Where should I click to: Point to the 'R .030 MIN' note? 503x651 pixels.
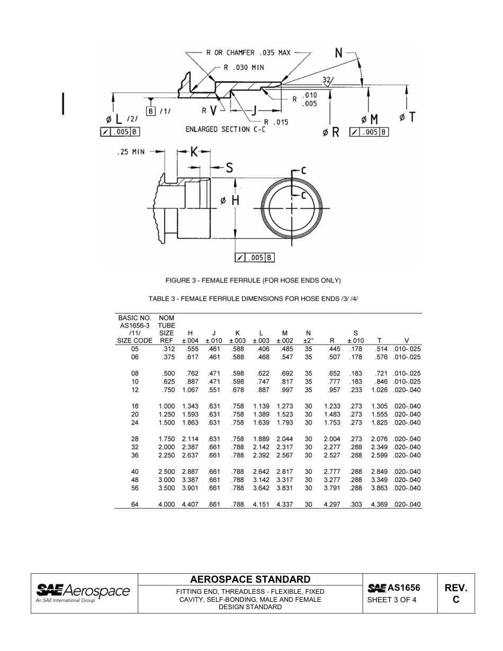[244, 67]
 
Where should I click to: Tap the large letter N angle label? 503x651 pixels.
[339, 52]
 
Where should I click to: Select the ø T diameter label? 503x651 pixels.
[407, 117]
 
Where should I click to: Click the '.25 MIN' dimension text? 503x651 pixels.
[130, 152]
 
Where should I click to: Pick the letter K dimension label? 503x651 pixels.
[194, 152]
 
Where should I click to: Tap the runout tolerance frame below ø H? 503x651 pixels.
[254, 258]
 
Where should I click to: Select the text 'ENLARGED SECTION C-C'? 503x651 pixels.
[226, 129]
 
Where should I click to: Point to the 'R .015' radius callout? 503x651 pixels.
[276, 122]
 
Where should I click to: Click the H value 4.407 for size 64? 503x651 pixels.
[190, 504]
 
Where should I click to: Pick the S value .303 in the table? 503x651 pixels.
[355, 504]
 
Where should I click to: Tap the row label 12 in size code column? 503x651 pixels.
[134, 390]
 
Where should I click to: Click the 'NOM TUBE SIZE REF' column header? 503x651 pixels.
[166, 329]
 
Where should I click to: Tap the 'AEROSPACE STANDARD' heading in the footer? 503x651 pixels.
[250, 579]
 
